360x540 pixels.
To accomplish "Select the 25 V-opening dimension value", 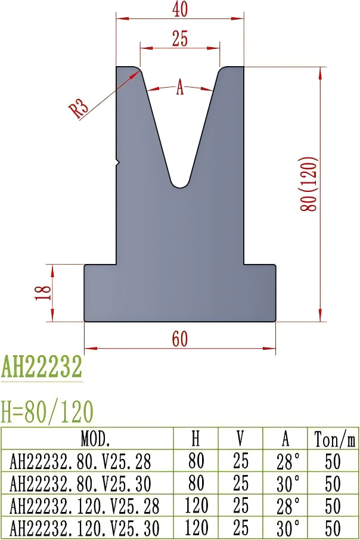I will click(x=179, y=39).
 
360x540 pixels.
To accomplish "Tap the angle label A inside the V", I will click(x=179, y=88).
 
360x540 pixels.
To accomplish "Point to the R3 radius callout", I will click(x=79, y=109).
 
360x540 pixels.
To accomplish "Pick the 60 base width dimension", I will click(x=179, y=338).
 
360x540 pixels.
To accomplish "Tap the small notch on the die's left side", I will click(x=118, y=162).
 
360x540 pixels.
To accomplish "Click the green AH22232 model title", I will click(x=42, y=368).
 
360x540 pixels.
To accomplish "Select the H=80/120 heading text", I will click(x=48, y=411).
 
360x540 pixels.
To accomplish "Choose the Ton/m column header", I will click(x=334, y=439).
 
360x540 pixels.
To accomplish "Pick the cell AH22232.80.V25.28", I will click(x=80, y=461).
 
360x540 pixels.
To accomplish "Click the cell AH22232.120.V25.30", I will click(x=85, y=527).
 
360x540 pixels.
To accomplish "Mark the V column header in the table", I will click(x=240, y=439).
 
